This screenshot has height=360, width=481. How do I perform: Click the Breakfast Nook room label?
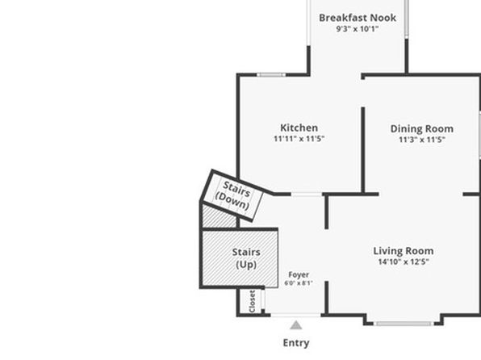coord(358,18)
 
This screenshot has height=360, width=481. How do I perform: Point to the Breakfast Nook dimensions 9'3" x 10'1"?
coord(358,29)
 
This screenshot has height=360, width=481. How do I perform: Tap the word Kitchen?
coord(299,128)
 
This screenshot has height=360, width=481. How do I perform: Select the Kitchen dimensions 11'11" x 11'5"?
coord(299,139)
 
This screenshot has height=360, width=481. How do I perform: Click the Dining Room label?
coord(422,128)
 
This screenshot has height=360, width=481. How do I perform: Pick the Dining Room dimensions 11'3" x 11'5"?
coord(422,140)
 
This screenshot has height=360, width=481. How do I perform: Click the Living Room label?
coord(404,251)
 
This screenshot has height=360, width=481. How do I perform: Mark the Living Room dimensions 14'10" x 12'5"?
coord(404,262)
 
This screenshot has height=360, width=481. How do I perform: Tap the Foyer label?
coord(299,274)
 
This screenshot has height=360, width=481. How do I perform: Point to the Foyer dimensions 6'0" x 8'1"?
coord(299,283)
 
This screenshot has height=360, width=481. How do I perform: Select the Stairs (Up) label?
coord(246,258)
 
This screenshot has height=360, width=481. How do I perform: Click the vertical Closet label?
coord(252,301)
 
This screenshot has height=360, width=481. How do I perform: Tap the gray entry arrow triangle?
coord(296,325)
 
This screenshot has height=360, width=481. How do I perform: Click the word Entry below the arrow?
coord(296,343)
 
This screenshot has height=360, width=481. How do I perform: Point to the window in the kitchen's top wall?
coord(271,74)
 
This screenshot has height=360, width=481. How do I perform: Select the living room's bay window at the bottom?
coord(403,324)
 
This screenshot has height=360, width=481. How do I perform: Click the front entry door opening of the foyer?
coord(295,315)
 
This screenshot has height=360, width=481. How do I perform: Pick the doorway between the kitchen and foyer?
coord(307,194)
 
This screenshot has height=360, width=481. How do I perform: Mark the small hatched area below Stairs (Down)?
coord(219,216)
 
